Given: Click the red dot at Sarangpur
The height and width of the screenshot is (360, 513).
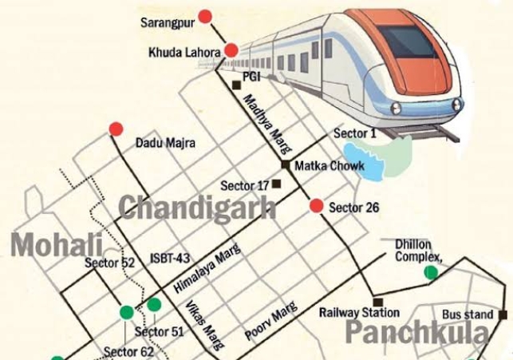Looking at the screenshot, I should (205, 16).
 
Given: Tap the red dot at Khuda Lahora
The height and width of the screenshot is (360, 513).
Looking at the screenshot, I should (231, 51).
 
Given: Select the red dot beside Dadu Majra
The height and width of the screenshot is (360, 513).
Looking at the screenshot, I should (116, 129).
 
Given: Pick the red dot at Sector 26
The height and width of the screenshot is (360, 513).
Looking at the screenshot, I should (316, 206).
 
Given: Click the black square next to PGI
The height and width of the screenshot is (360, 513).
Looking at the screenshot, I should (235, 85).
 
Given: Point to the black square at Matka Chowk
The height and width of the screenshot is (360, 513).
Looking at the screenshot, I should (285, 165).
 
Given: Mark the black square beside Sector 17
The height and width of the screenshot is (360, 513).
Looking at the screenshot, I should (276, 184).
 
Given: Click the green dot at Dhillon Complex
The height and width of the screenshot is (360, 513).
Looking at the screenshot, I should (431, 273).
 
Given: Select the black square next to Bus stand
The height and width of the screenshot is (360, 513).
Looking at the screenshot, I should (503, 315).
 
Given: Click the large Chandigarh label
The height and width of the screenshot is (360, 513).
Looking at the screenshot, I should (197, 208).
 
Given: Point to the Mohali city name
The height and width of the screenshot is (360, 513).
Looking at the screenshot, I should (56, 244).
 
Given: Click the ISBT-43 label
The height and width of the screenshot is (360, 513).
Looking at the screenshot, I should (169, 257).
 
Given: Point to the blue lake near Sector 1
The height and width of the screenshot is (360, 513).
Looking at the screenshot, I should (363, 159).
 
